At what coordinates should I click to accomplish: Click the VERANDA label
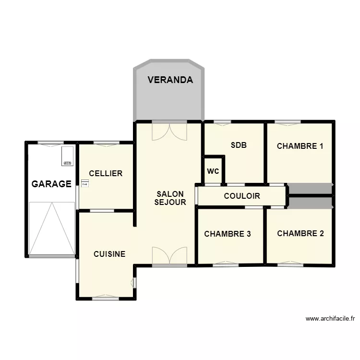click(x=170, y=80)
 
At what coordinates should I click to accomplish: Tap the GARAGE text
click(x=51, y=184)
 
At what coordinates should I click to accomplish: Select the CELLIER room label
click(x=106, y=173)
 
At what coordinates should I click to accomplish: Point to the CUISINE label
click(x=109, y=254)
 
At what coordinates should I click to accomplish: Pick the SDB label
click(x=239, y=145)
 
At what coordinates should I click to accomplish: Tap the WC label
click(x=213, y=171)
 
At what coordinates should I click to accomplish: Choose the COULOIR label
click(x=242, y=196)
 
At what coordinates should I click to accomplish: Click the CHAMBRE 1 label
click(x=300, y=146)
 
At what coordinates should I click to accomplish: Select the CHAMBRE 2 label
click(x=300, y=234)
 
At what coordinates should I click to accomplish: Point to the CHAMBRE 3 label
click(x=228, y=234)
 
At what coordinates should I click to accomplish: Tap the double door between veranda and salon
click(x=169, y=131)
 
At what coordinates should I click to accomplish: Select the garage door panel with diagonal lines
click(x=52, y=228)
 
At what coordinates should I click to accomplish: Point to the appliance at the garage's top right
click(x=67, y=156)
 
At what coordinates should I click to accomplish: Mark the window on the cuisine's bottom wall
click(x=106, y=299)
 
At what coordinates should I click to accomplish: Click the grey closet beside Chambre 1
click(x=310, y=189)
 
